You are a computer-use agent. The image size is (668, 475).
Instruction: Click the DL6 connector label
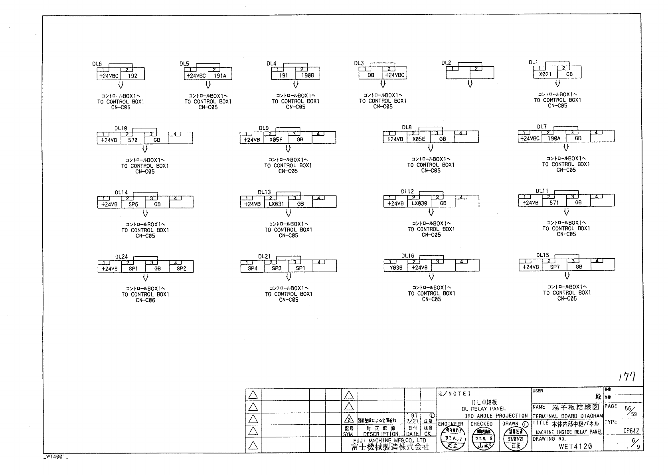click(97, 64)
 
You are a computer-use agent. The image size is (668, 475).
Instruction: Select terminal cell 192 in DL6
click(132, 75)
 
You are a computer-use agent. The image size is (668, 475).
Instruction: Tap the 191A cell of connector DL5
click(220, 75)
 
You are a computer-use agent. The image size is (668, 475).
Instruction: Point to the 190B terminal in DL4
click(307, 75)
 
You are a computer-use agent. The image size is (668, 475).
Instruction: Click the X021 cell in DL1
click(545, 74)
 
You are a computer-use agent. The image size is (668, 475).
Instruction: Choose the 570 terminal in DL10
click(132, 140)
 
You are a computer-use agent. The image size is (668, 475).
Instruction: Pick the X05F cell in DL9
click(276, 140)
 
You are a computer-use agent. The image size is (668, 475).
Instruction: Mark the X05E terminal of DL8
click(419, 139)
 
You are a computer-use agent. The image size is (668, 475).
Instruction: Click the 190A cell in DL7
click(554, 138)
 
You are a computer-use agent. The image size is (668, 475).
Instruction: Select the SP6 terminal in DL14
click(133, 204)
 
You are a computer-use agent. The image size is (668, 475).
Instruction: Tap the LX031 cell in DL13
click(276, 204)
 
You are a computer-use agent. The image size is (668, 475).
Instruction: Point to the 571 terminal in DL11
click(554, 202)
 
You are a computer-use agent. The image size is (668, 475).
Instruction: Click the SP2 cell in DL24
click(181, 269)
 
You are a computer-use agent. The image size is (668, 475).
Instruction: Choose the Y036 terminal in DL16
click(395, 268)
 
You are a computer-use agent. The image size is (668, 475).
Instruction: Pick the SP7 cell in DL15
click(555, 267)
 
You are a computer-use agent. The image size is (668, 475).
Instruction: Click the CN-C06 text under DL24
click(145, 301)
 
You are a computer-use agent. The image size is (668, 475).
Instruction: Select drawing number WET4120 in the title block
click(575, 447)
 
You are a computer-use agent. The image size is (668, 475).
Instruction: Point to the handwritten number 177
click(627, 376)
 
